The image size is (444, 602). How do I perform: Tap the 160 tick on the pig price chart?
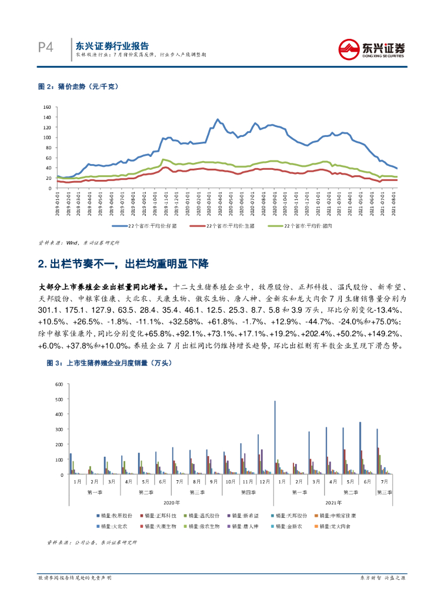tap(48, 108)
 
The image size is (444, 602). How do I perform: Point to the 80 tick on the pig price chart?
tap(49, 148)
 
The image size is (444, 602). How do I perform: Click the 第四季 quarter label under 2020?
tap(248, 491)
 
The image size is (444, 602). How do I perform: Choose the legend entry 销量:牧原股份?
tap(117, 516)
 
